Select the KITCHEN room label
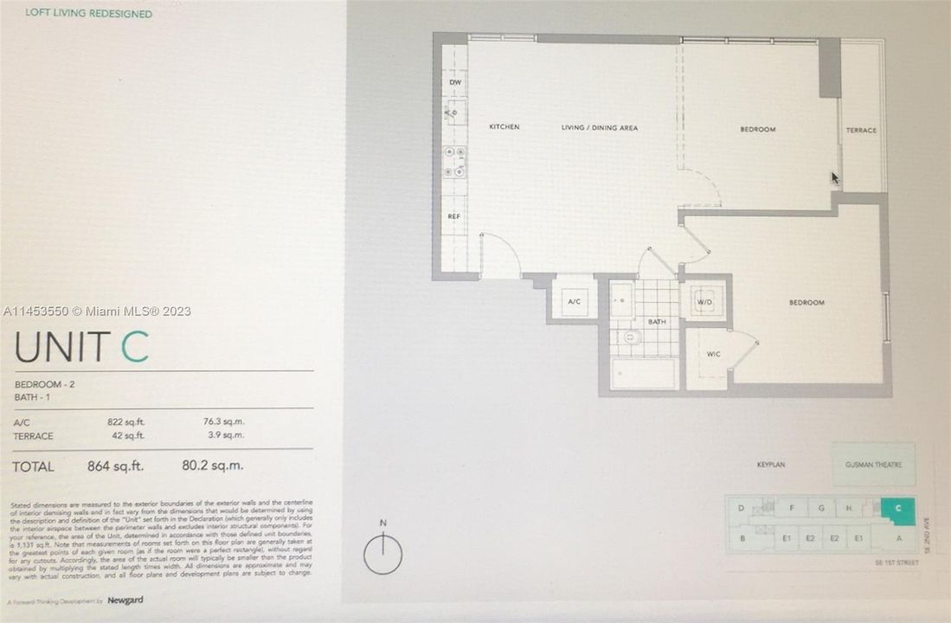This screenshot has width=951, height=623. click(x=504, y=127)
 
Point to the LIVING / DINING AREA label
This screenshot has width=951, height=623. click(x=600, y=128)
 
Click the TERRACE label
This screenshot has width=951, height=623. click(x=861, y=131)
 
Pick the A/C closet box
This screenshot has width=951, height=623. click(x=573, y=302)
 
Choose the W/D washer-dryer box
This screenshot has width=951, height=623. click(x=706, y=300)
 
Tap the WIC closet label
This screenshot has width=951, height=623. click(x=714, y=354)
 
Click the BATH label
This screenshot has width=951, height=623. click(x=657, y=322)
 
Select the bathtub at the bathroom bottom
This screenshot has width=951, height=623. click(x=643, y=374)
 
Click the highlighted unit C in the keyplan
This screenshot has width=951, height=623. click(x=899, y=508)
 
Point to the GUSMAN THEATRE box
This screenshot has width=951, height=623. click(x=873, y=465)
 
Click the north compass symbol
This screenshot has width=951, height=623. click(x=382, y=553)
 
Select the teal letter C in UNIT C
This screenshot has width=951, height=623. click(x=134, y=346)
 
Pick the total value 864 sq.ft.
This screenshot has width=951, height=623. click(x=115, y=466)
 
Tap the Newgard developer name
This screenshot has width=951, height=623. click(x=125, y=601)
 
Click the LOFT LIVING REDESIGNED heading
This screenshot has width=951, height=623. click(x=88, y=14)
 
